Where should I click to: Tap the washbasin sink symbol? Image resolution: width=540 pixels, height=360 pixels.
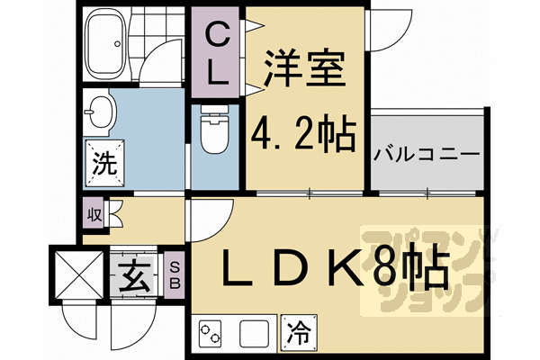click(101, 114)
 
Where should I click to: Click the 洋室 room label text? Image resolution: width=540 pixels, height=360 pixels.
click(306, 69)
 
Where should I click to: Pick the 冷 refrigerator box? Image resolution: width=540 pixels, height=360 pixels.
click(298, 332)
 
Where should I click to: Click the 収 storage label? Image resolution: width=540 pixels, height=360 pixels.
click(94, 215)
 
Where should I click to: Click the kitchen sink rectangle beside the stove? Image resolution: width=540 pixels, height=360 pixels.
click(256, 332)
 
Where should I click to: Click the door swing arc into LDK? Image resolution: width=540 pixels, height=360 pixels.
click(209, 219)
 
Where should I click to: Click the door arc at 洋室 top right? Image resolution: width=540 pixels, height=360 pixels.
click(382, 27)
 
